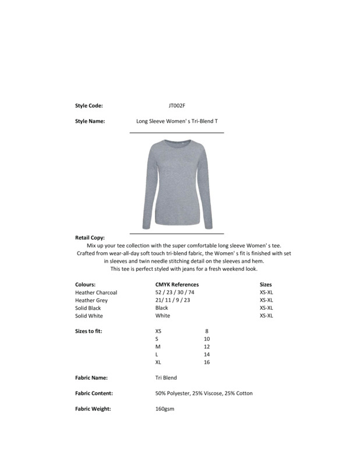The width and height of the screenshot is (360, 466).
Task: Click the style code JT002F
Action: coord(177,106)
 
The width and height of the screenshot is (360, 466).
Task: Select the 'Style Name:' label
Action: coord(90,122)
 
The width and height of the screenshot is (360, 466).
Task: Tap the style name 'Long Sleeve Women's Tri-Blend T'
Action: coord(177,122)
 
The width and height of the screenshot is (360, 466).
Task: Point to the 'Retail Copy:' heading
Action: coord(90,238)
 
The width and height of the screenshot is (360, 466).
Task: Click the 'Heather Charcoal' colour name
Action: coord(96,292)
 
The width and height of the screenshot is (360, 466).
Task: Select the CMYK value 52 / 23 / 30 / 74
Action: coord(174,292)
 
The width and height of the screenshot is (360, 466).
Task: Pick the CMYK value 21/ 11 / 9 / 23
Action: coord(172,300)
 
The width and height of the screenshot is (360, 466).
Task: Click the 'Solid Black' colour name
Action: coord(88,308)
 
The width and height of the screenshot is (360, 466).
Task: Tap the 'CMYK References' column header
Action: coord(177,285)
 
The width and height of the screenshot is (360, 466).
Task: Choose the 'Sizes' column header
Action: coord(266,285)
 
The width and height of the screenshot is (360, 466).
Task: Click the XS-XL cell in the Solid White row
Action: coord(266,316)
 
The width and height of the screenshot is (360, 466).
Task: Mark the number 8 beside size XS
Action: coord(207,331)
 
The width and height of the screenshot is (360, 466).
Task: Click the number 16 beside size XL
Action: coord(207,362)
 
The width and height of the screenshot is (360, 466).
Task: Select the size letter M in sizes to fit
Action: coord(158,347)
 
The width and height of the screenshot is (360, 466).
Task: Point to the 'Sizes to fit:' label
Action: coord(89,331)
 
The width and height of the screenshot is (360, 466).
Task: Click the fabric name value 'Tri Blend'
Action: coord(166,378)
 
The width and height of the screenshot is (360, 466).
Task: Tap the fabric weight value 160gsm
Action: coord(165,409)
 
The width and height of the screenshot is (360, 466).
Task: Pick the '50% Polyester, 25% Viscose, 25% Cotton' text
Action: coord(204,394)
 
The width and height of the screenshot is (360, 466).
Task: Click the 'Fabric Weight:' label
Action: coord(93,409)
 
